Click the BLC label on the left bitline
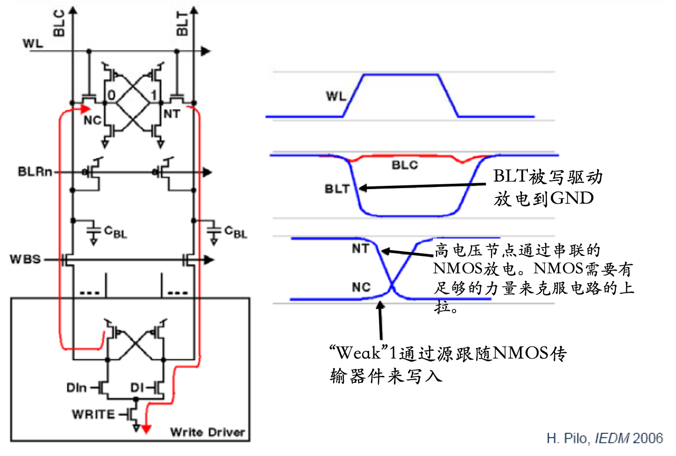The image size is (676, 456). (x=59, y=23)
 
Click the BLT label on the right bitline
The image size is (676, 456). (x=182, y=24)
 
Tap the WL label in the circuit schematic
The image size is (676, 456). (x=33, y=44)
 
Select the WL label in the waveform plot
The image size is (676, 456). (x=336, y=96)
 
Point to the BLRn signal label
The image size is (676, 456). (x=35, y=172)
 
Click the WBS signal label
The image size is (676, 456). (x=25, y=259)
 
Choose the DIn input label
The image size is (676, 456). (x=76, y=388)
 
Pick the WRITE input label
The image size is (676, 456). (x=93, y=414)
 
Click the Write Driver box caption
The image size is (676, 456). (x=207, y=432)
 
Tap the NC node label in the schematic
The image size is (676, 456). (x=92, y=120)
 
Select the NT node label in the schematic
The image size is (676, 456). (x=172, y=114)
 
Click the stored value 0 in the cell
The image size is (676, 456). (x=111, y=95)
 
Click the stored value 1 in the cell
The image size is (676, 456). (x=154, y=95)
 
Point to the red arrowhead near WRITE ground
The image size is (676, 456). (x=146, y=429)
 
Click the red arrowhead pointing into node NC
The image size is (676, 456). (x=86, y=109)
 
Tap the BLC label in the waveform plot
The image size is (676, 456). (x=404, y=165)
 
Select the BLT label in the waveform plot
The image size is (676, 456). (x=337, y=189)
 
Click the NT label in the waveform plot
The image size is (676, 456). (x=360, y=249)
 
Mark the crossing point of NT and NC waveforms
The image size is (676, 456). (x=391, y=286)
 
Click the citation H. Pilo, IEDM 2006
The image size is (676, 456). (x=605, y=438)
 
